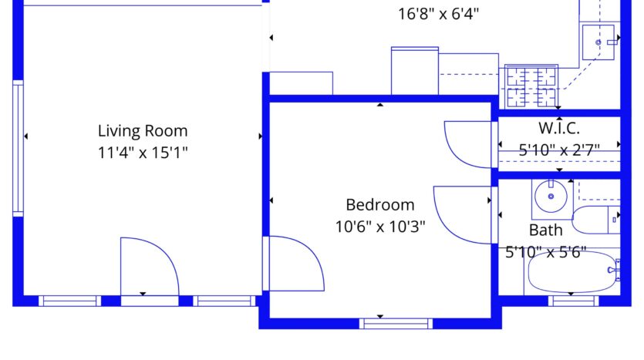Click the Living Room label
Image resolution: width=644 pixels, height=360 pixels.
pos(143,131)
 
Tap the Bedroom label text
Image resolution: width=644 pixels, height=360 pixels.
pos(380,204)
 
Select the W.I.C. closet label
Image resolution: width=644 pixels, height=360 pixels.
pos(559,128)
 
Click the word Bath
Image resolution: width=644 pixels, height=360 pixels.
pos(545,230)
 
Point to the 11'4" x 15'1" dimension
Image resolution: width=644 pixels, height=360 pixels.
pos(143,153)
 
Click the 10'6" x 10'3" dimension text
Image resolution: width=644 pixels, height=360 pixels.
pos(380,226)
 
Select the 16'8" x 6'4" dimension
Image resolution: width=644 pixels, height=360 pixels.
pos(438,14)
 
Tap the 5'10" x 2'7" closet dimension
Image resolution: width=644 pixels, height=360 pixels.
pos(559,150)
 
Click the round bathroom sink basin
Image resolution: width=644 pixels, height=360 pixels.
pos(551,197)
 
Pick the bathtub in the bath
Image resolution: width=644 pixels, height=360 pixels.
pos(572,272)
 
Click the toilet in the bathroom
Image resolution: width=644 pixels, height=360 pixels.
pos(595,220)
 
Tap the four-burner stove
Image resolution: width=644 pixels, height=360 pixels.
pos(531,86)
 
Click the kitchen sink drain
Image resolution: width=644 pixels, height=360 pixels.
pos(598,42)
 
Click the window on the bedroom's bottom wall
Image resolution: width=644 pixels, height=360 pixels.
pos(396,324)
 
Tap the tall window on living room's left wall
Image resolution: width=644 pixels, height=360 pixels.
pos(18,148)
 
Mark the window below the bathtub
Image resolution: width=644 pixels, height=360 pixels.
pos(573,301)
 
